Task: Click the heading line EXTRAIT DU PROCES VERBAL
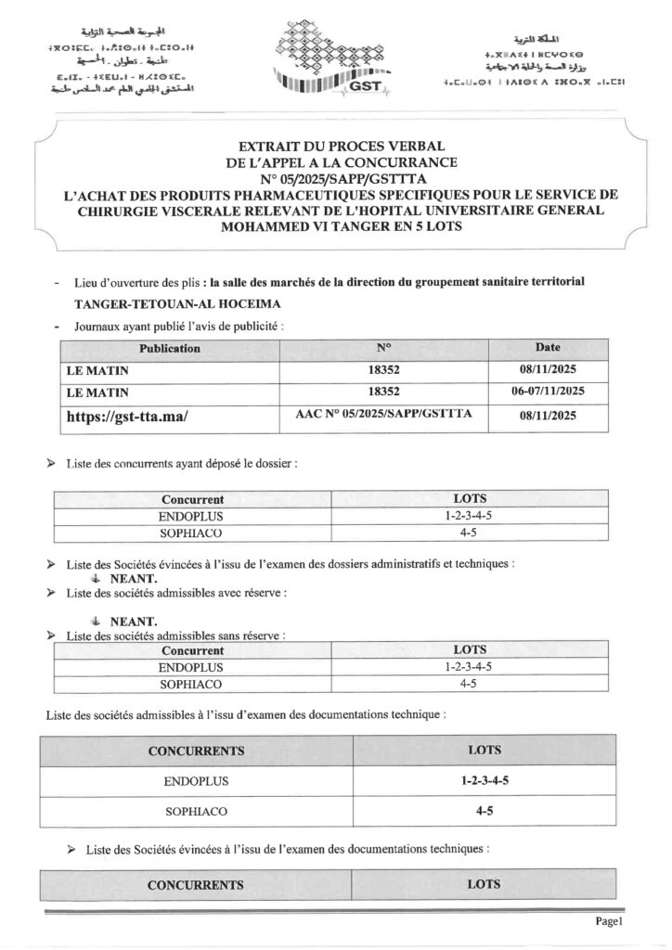point(336,146)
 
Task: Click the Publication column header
point(169,349)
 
